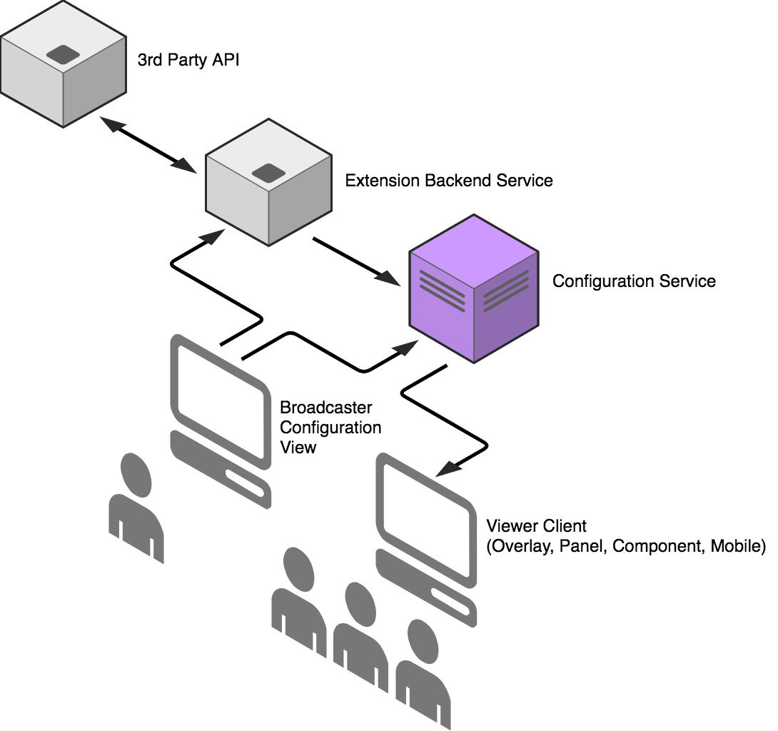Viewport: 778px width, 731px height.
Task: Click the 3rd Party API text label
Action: point(188,60)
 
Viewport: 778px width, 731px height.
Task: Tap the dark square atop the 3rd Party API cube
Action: point(63,54)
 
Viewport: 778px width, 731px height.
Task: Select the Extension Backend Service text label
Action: point(448,181)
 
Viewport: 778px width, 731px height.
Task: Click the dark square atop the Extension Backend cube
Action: point(268,172)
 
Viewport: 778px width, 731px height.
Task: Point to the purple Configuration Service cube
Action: point(473,288)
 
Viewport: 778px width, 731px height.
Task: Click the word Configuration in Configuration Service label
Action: point(597,281)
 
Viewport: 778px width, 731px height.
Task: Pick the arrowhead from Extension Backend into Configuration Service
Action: point(390,277)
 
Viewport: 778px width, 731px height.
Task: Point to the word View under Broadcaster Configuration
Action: point(298,448)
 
